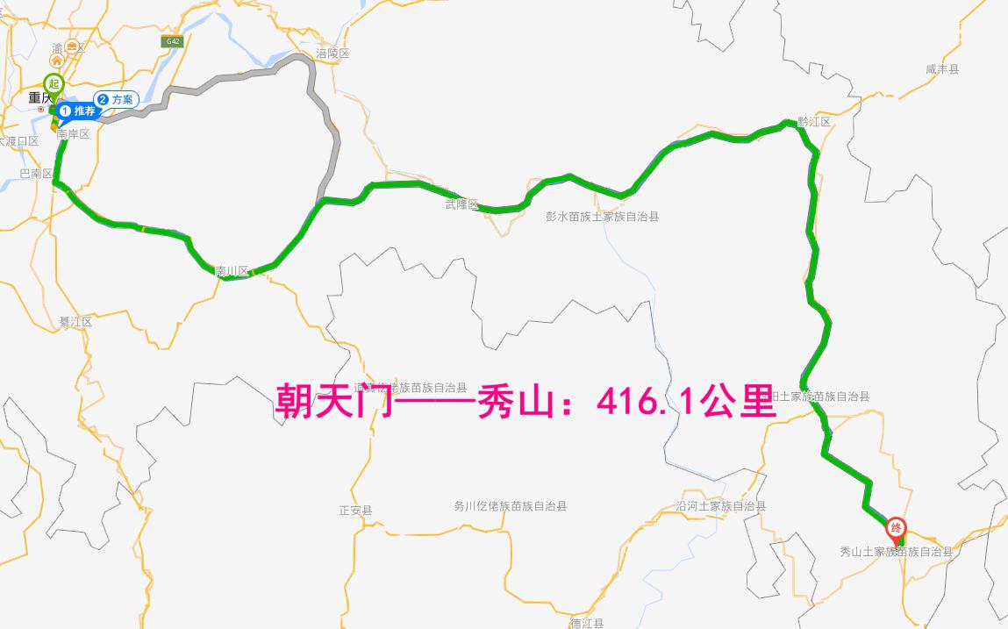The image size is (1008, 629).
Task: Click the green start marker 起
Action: coord(54,84)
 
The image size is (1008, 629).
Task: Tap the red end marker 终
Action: coord(897,527)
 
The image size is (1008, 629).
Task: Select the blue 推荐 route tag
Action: coord(77,111)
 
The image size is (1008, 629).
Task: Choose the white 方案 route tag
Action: coord(116,99)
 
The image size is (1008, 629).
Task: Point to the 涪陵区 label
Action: coord(332,54)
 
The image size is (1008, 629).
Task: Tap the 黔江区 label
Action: coord(813,122)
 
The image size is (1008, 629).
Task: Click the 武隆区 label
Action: coord(461,204)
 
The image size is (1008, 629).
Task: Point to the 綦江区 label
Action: coord(75,322)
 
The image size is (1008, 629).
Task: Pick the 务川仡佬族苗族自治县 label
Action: coord(510,506)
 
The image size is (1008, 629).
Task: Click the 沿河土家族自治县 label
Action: coord(721,506)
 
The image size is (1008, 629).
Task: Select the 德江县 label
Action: coord(587,623)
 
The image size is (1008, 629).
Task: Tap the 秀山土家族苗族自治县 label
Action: coord(896,552)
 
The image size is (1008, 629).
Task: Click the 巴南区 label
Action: coord(36,174)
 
